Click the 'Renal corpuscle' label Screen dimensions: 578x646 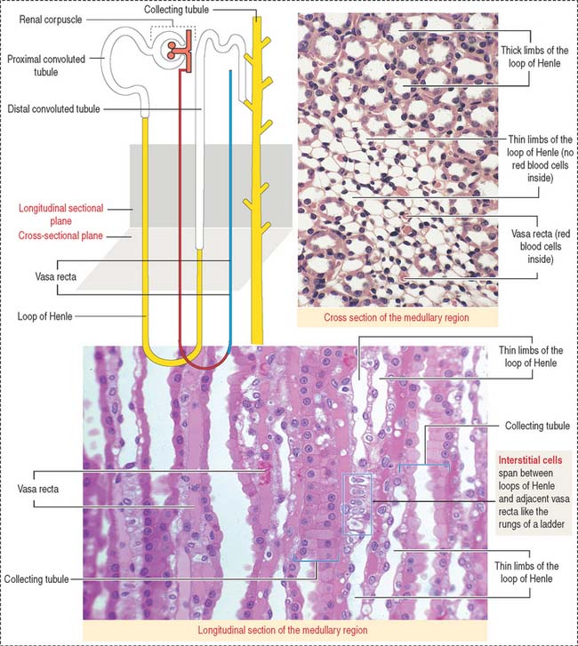(x=51, y=20)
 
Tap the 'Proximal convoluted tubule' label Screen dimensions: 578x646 (x=45, y=65)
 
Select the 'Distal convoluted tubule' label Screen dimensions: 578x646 (x=53, y=108)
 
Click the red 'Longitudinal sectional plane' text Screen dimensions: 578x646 (x=61, y=214)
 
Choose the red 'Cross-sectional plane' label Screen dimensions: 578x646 (x=60, y=235)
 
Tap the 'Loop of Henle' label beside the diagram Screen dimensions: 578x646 (x=44, y=316)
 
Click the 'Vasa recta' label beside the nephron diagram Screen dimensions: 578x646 (x=56, y=276)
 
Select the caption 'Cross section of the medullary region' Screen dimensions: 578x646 (x=397, y=317)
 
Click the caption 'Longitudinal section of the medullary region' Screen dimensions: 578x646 (x=283, y=630)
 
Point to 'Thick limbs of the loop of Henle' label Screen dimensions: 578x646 (x=534, y=57)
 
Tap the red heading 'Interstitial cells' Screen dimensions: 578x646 (x=530, y=460)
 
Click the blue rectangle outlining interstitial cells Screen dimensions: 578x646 (x=342, y=505)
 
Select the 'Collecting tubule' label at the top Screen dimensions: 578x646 (x=176, y=10)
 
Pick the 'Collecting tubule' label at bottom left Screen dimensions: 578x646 (x=36, y=578)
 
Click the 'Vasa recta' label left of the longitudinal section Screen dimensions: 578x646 (x=38, y=489)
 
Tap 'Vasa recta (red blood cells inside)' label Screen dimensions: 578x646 (x=541, y=246)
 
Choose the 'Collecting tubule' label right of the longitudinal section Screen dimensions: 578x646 (x=537, y=426)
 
